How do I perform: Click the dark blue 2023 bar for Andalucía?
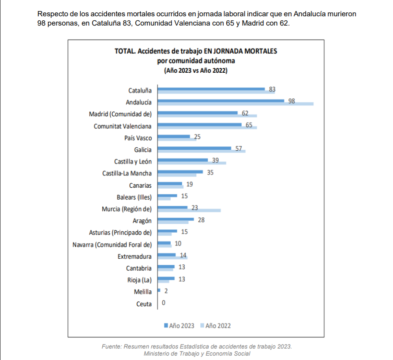click(x=221, y=101)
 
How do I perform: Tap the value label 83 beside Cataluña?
click(x=272, y=89)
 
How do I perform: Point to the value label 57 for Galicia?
click(x=239, y=148)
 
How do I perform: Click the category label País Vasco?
click(x=138, y=138)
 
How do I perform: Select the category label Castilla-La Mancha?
click(x=127, y=174)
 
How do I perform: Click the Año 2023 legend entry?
click(x=179, y=326)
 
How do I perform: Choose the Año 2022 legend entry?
click(x=216, y=326)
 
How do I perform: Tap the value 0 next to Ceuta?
click(x=164, y=303)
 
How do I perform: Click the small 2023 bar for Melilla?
click(x=159, y=290)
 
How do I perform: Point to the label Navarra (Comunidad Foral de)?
click(x=112, y=245)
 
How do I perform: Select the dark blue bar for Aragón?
click(x=176, y=219)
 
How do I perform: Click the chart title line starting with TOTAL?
click(x=196, y=51)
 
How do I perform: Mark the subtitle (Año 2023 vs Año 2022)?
click(x=196, y=70)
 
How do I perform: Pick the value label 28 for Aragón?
click(x=201, y=219)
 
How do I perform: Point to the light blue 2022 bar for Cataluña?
click(x=216, y=92)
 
